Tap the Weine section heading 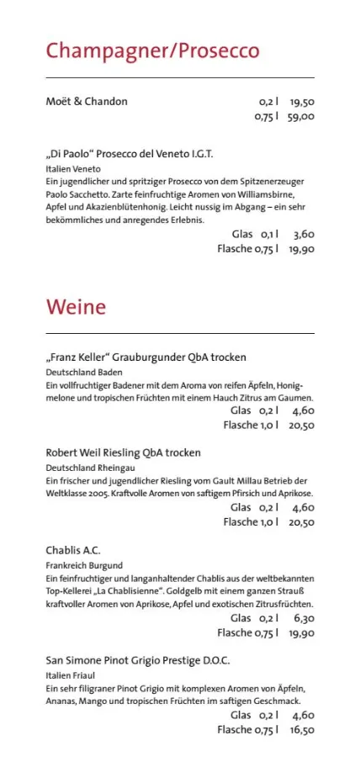click(x=76, y=306)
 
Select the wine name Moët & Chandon click(x=87, y=102)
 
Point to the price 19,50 click(x=301, y=102)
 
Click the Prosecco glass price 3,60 click(x=304, y=234)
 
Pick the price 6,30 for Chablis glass click(x=304, y=618)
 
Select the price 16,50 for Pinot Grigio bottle click(x=301, y=730)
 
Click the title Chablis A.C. click(x=73, y=551)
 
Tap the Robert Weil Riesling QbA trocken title click(x=123, y=452)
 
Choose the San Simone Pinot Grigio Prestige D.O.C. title click(x=137, y=661)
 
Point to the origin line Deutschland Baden click(x=84, y=372)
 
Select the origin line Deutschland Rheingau click(x=90, y=468)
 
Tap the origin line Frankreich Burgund click(x=84, y=566)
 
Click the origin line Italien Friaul click(x=71, y=676)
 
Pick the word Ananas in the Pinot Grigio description click(x=61, y=701)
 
